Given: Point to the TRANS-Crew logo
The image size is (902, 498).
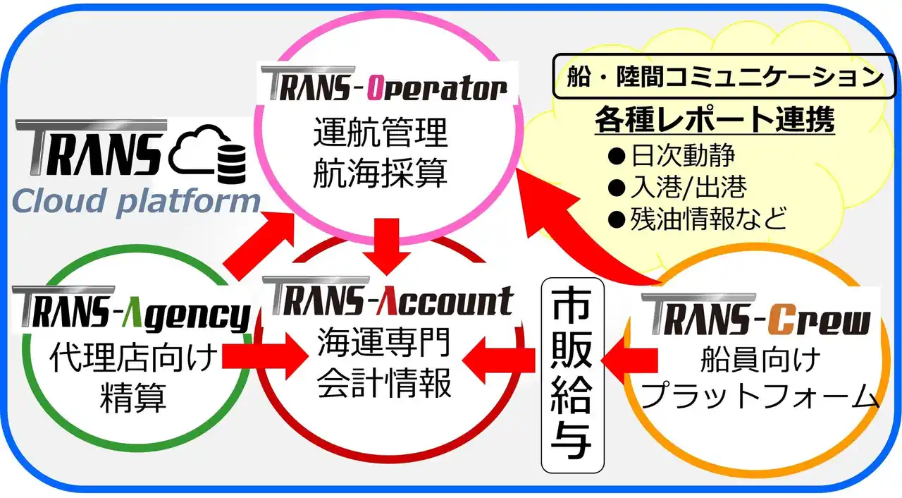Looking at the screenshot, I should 755,316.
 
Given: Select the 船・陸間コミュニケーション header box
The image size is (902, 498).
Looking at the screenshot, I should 725,75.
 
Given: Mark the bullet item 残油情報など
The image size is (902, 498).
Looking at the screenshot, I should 696,219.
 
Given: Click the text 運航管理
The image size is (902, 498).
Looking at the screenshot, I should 380,133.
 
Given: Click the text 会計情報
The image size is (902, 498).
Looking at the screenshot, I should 384,384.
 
